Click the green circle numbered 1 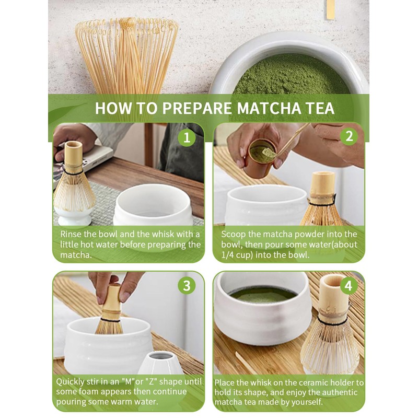click(x=187, y=137)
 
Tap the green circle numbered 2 click(x=349, y=136)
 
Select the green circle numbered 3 click(x=187, y=285)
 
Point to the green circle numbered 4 click(x=349, y=286)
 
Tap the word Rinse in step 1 click(x=71, y=234)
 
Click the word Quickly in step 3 click(x=71, y=382)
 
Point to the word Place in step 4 click(x=224, y=382)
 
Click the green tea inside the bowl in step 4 click(x=263, y=295)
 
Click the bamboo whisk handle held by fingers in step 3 click(x=112, y=302)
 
